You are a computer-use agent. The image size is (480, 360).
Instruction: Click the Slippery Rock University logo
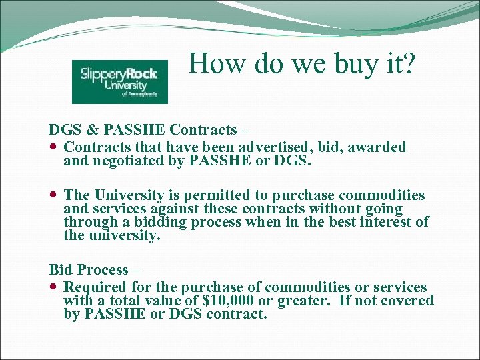coord(120,81)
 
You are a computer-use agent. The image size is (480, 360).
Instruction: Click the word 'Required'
coord(91,287)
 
